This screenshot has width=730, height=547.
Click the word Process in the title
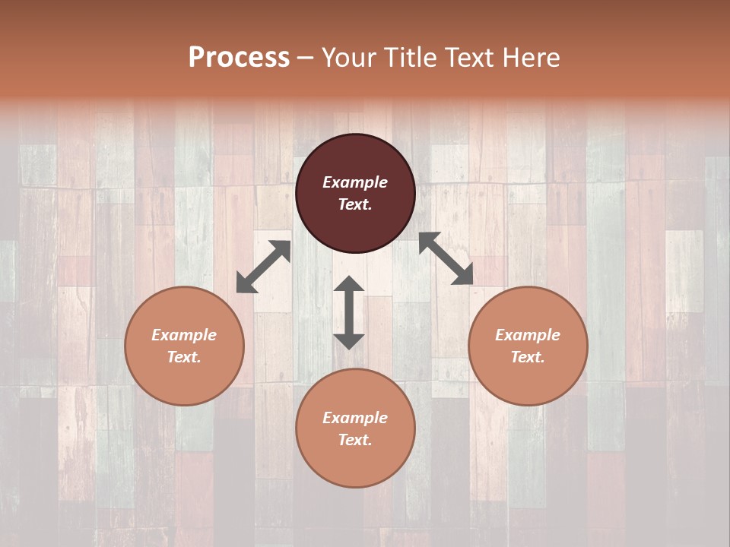pos(239,58)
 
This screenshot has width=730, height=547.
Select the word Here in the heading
pos(531,58)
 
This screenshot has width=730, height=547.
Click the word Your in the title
pos(350,58)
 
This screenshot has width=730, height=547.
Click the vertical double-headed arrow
pos(349,312)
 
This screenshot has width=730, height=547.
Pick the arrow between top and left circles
pos(263,266)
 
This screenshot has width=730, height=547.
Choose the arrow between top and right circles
pos(446,258)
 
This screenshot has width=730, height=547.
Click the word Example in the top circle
pos(355,182)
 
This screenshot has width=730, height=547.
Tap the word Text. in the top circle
pos(355,204)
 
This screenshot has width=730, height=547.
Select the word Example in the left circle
pos(184,335)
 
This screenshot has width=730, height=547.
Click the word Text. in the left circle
pos(184,357)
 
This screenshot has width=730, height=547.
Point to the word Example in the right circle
pos(528,335)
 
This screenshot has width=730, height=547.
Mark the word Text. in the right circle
pos(528,357)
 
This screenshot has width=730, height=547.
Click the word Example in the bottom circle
pos(355,418)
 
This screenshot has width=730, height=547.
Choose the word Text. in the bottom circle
pos(355,440)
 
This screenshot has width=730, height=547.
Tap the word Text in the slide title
pos(470,58)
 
